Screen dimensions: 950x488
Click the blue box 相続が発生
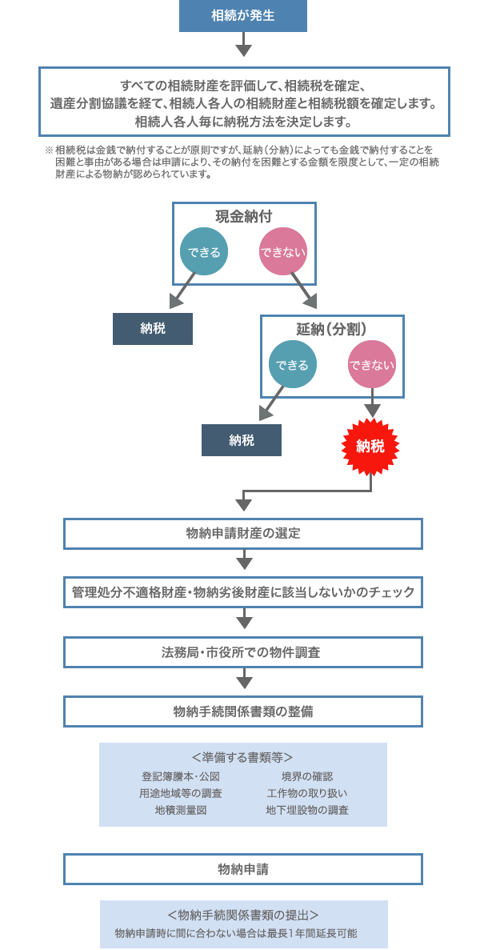tap(243, 16)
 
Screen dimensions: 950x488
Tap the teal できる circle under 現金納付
tap(204, 252)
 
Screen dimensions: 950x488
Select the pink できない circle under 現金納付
tap(283, 252)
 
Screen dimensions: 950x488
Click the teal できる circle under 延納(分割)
tap(292, 365)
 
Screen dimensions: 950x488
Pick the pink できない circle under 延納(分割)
tap(371, 365)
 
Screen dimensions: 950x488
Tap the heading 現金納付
tap(243, 217)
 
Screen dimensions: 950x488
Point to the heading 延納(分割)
tap(332, 329)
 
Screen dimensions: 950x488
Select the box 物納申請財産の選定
tap(243, 534)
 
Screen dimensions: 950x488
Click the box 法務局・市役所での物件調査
tap(243, 652)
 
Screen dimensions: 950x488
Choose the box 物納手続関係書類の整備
tap(243, 711)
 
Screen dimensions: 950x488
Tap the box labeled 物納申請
tap(243, 868)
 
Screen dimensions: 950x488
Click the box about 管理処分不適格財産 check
tap(243, 593)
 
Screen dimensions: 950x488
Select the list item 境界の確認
tap(307, 776)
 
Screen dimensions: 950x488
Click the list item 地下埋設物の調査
tap(307, 810)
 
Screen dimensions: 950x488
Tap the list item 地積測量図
tap(181, 810)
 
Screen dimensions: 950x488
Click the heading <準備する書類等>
tap(242, 757)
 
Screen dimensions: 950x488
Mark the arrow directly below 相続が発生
tap(244, 49)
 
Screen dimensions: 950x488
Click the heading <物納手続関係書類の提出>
tap(243, 915)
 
